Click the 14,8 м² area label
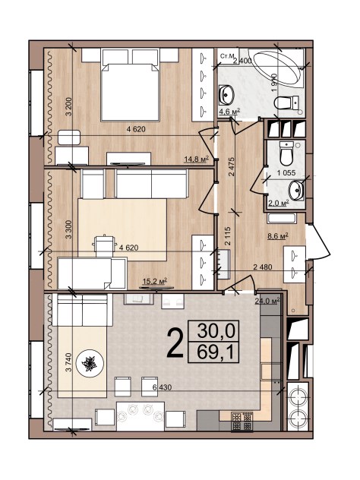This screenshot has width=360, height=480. pos(196,159)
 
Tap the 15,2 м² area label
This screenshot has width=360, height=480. pos(155,281)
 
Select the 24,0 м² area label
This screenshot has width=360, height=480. pos(267,301)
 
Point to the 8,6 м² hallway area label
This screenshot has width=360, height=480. pos(278,236)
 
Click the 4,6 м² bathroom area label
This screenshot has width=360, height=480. pos(229,112)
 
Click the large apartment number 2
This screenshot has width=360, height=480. pos(175,343)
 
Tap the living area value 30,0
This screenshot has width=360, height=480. pos(216,330)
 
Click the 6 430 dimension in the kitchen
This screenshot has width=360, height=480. pos(162,387)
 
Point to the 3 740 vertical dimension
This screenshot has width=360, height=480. pos(68,362)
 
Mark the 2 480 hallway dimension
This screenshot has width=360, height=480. pos(263,267)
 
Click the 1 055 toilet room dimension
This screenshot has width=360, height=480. pos(286,173)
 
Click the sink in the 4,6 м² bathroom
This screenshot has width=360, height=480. pos(226,95)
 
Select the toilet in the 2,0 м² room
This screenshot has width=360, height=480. pos(286,153)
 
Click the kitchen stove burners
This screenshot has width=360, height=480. pos(242,422)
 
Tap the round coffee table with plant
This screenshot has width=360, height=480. pos(90,363)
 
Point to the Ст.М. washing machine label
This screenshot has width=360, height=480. pos(227,56)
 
